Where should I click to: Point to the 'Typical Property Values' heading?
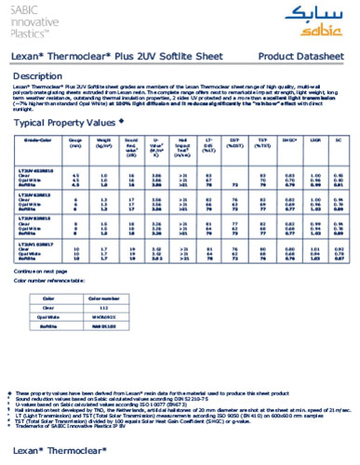(69, 122)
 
